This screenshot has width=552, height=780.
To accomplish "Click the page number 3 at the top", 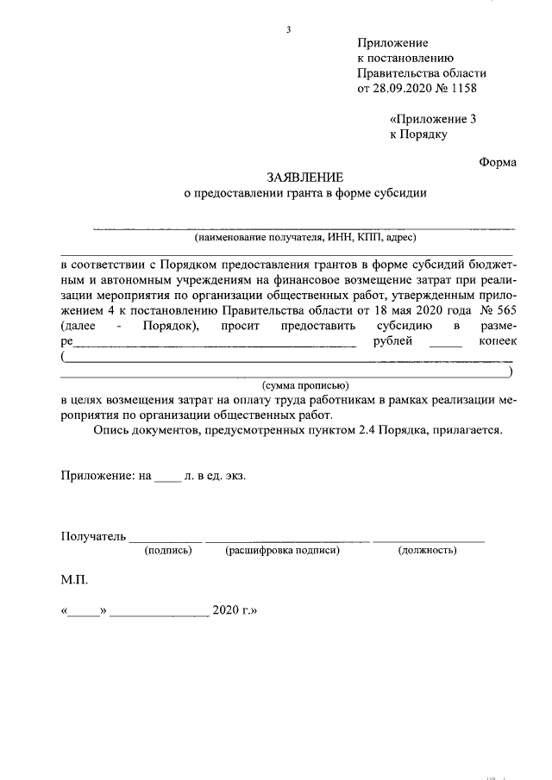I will [289, 29].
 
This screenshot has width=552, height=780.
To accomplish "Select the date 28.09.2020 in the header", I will [401, 88].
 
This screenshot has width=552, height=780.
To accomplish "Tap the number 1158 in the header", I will [461, 88].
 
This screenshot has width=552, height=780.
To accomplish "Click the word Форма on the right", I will [498, 161].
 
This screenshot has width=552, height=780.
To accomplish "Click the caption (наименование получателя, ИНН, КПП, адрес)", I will [306, 236].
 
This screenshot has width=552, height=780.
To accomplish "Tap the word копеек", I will [492, 342].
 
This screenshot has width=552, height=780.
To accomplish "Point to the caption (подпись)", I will [168, 549].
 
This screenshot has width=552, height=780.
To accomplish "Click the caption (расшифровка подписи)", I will [283, 549].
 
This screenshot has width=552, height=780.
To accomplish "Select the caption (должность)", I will [427, 549].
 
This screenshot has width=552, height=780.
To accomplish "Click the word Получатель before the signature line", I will [93, 535].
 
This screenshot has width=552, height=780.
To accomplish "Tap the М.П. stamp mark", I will [74, 582].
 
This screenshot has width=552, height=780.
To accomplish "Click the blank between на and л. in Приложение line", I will [167, 475].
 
